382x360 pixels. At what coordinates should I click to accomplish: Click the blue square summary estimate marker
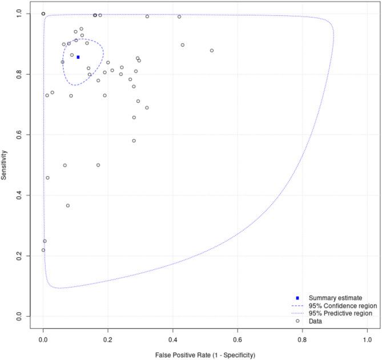point(78,57)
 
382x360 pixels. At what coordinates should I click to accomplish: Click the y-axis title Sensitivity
point(5,164)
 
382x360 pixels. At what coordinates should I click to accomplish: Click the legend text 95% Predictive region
point(340,313)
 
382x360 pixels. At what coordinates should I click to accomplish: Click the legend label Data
point(316,321)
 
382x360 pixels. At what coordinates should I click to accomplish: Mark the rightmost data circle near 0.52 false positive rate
point(212,51)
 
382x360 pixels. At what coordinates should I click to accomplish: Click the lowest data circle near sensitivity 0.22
point(43,250)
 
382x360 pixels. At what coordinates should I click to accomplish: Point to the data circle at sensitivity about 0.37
point(68,206)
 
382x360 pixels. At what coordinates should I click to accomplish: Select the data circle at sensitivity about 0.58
point(134,141)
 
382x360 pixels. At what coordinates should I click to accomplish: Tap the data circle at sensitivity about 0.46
point(47,178)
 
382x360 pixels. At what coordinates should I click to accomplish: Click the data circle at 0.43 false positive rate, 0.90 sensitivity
point(183,45)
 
